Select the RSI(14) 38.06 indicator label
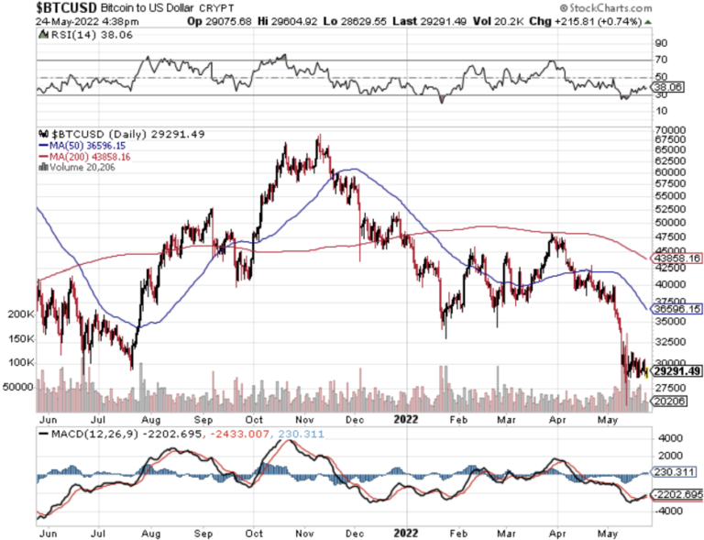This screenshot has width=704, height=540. tap(82, 34)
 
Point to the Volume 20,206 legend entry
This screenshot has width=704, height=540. tap(81, 167)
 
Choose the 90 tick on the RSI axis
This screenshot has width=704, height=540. tap(660, 42)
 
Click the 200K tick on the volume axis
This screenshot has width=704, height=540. tap(17, 314)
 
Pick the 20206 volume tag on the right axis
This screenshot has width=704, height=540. tap(673, 401)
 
